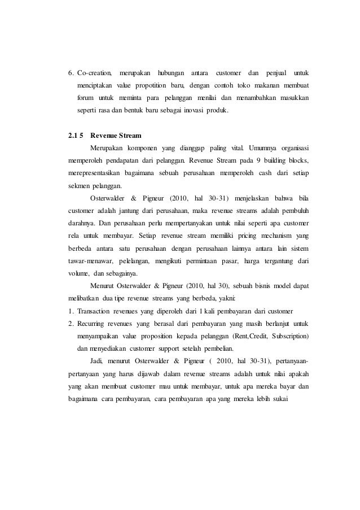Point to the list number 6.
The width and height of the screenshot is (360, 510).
click(x=71, y=73)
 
